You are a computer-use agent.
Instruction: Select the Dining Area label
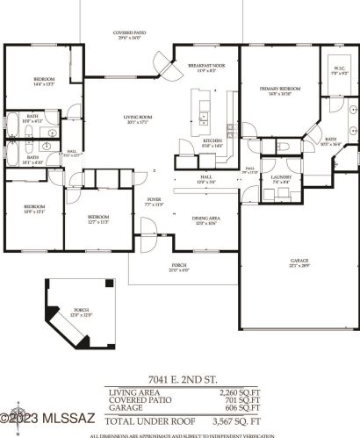pyautogui.click(x=205, y=220)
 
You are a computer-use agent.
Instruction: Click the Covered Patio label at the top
pyautogui.click(x=130, y=35)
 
